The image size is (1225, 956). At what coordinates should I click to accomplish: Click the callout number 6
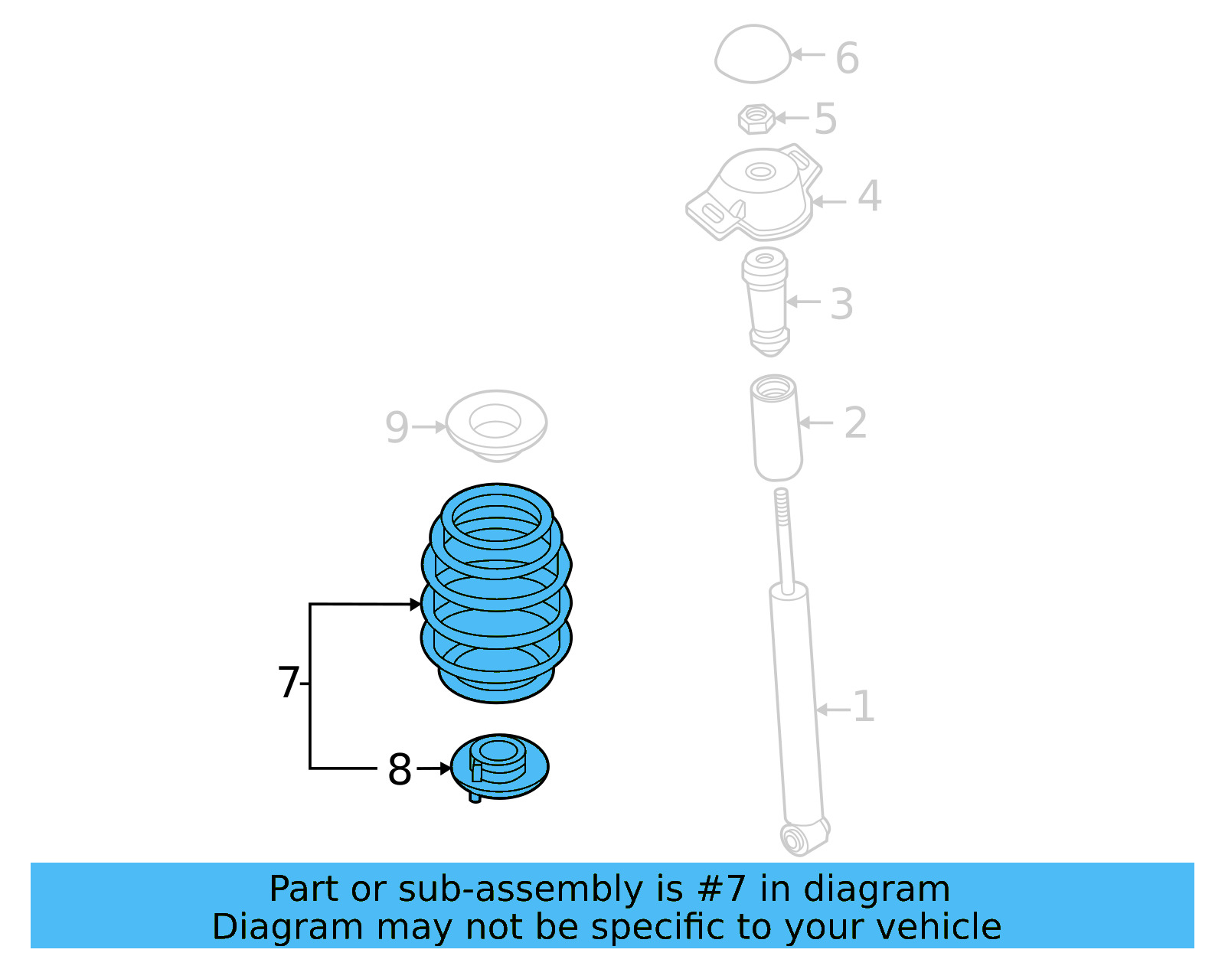tap(847, 58)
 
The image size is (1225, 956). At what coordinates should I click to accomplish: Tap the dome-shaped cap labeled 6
tap(752, 54)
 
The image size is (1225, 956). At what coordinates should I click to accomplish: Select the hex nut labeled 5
tap(756, 119)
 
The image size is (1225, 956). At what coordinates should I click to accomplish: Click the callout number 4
tap(869, 196)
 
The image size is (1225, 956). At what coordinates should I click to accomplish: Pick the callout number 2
tap(855, 423)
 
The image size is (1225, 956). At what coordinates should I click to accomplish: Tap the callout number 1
tap(864, 706)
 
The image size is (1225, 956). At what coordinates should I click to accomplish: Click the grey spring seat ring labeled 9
tap(496, 425)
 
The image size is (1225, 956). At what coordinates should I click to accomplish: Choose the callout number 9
tap(397, 427)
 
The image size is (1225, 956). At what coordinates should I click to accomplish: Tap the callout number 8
tap(400, 770)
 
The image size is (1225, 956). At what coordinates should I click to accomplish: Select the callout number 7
tap(288, 682)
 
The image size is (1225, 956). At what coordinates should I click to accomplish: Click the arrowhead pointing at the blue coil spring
tap(415, 605)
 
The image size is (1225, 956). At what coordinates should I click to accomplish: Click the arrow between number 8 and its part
tap(434, 768)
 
